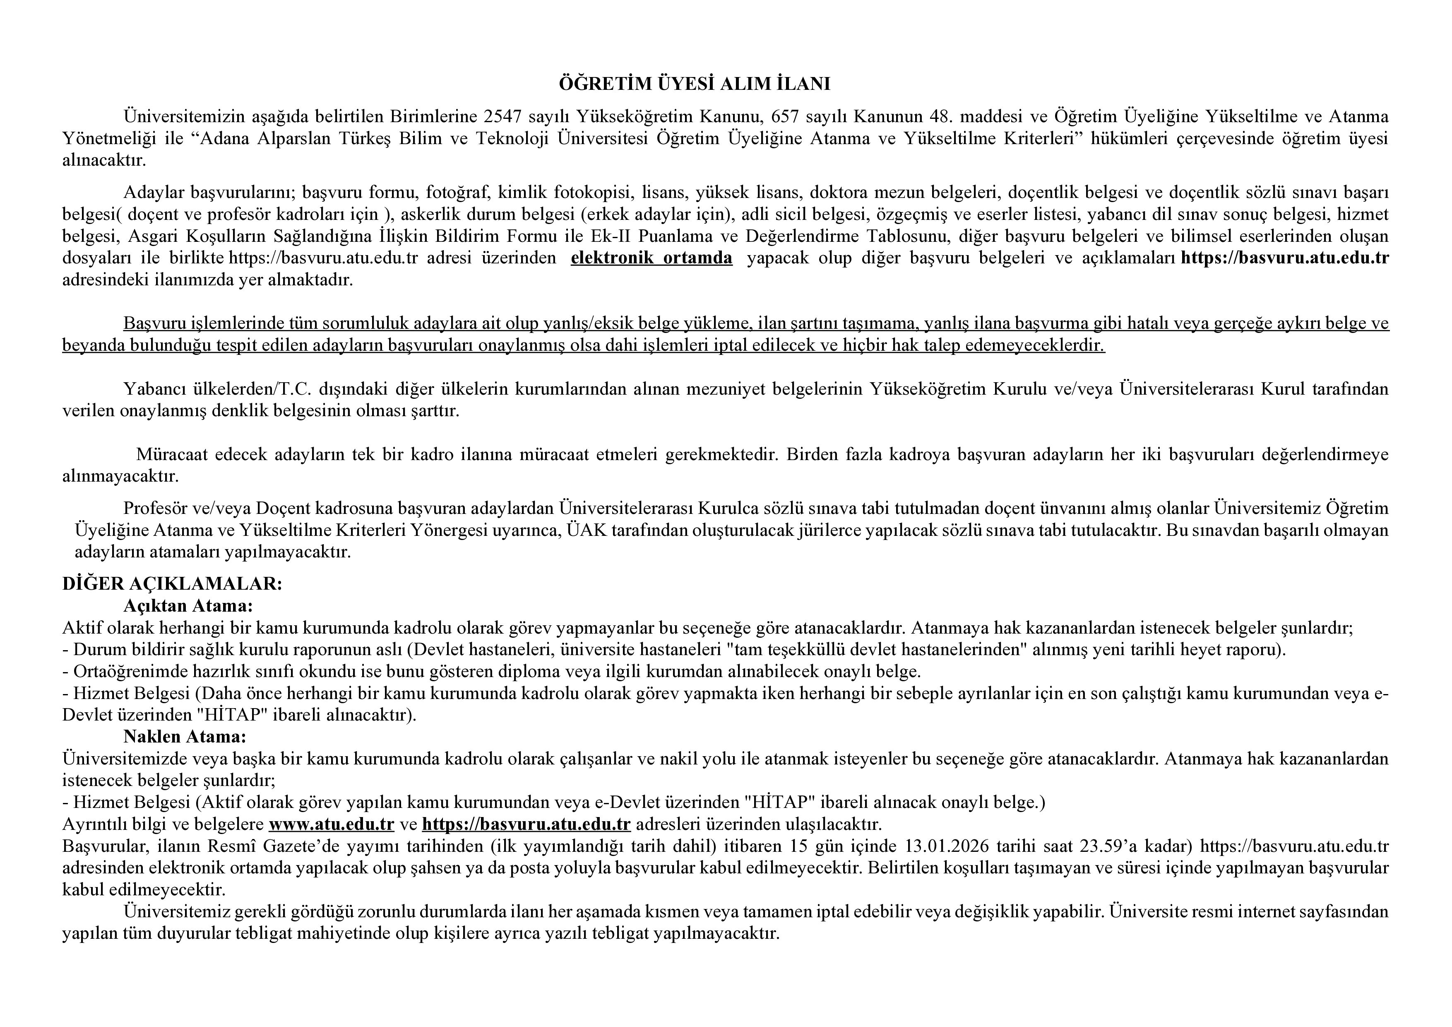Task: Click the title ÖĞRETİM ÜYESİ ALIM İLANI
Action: (725, 84)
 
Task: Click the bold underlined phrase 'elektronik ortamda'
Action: (651, 258)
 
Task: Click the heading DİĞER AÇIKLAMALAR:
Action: (172, 583)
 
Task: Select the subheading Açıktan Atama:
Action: (188, 605)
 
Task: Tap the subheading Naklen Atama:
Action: (185, 737)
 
